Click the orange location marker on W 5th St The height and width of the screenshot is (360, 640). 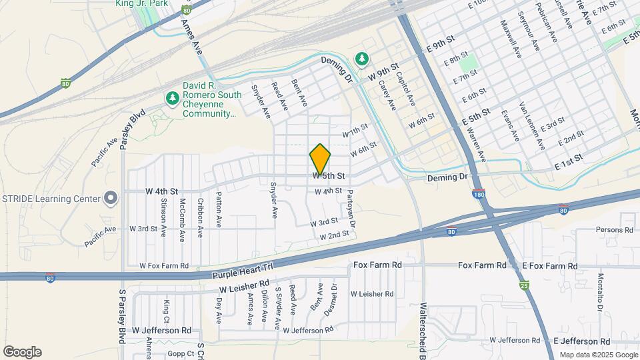[320, 159]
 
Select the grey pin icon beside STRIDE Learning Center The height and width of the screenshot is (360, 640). [111, 199]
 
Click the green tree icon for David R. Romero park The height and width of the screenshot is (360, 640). [172, 99]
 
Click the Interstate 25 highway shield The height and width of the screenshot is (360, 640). [525, 285]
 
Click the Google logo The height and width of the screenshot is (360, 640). [22, 352]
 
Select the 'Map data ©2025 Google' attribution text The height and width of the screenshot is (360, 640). [597, 355]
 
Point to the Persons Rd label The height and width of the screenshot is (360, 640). [614, 230]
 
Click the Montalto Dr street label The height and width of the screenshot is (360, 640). [601, 292]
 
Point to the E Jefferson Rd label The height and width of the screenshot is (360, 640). [582, 341]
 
